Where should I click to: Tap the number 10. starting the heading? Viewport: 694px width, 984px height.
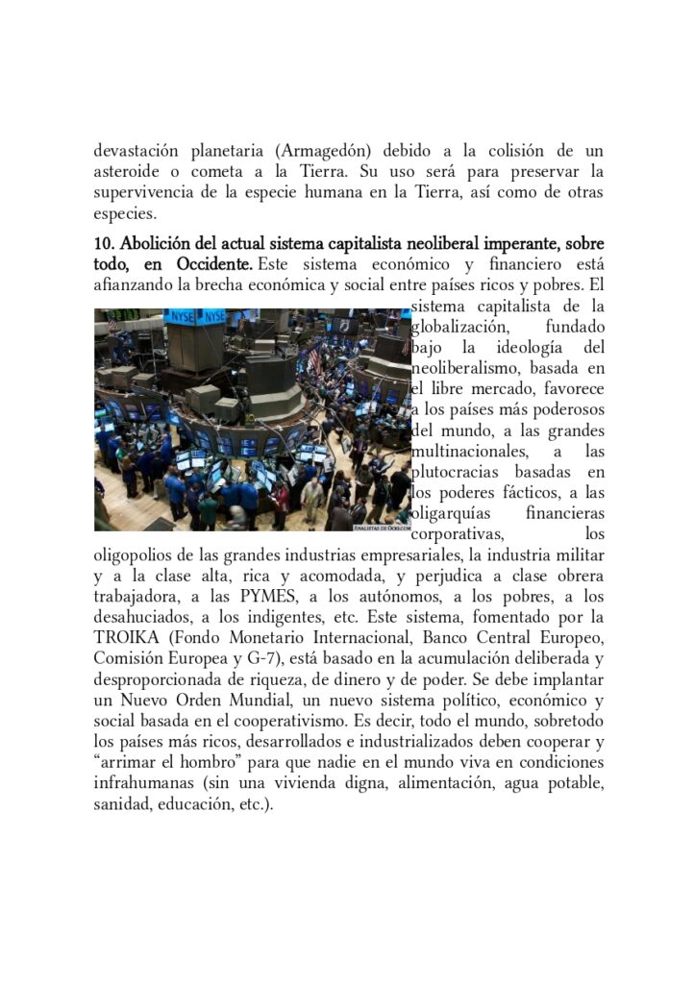tap(104, 242)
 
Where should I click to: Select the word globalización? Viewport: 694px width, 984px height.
tap(458, 328)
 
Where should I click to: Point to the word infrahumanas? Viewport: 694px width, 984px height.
tap(137, 785)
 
